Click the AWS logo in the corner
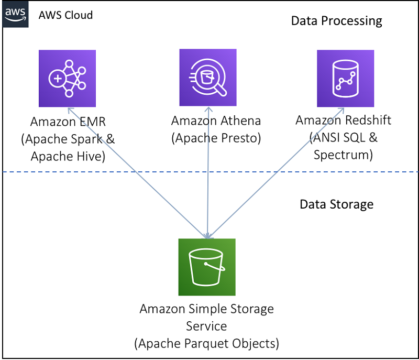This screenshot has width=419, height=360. coord(16,15)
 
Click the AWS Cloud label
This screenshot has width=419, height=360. coord(65,15)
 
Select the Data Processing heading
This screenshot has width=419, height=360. coord(336,21)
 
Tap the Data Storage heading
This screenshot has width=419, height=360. coord(336,204)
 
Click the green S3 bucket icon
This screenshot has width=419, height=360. coord(207,267)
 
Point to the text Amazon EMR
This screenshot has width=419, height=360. coord(68,122)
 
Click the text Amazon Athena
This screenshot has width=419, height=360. coord(216,121)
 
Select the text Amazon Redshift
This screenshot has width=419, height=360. coord(343,120)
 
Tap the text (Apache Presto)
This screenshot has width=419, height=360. coord(216,138)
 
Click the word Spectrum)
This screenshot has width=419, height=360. coord(343,155)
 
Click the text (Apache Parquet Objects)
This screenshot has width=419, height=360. coord(206,344)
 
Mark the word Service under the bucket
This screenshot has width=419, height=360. coord(206,326)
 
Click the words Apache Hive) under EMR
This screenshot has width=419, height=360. coord(68,156)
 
